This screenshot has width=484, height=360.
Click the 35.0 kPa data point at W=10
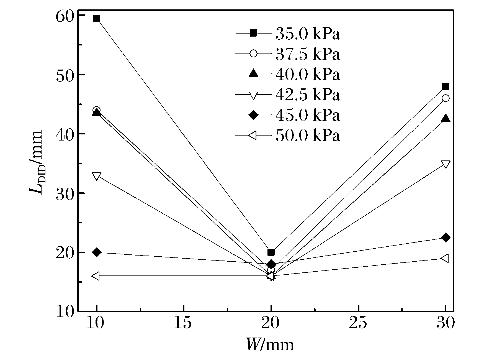click(96, 19)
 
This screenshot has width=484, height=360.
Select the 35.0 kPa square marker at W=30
click(446, 86)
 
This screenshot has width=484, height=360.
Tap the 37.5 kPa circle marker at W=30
click(446, 98)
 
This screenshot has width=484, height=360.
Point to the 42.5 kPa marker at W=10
click(96, 176)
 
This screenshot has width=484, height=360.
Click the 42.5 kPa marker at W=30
click(446, 164)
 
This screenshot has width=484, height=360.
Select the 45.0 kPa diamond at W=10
click(96, 252)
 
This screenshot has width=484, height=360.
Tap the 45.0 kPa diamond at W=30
click(446, 238)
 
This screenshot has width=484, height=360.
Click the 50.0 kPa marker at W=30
click(445, 258)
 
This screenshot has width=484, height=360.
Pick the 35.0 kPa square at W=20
click(271, 252)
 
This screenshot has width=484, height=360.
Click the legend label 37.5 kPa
click(308, 54)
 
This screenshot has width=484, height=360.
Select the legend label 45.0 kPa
click(308, 115)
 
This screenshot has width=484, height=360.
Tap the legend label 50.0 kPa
click(308, 136)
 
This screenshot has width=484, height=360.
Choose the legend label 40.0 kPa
click(308, 74)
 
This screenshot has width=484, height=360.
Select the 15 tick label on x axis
click(183, 323)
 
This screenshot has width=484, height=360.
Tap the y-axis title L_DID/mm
click(36, 164)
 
